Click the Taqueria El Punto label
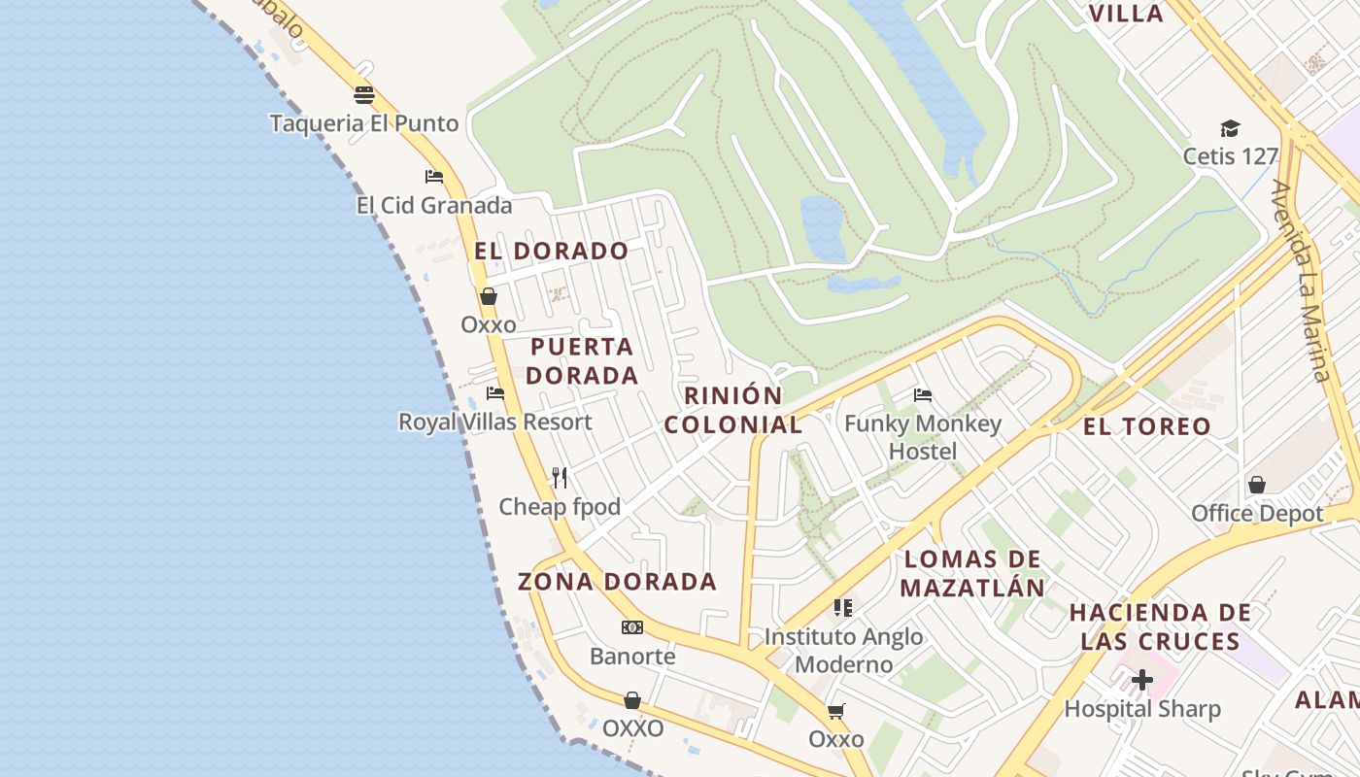click(364, 123)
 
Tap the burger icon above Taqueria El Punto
click(364, 95)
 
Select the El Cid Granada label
click(434, 205)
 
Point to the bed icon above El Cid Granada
click(434, 177)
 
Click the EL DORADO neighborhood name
click(552, 251)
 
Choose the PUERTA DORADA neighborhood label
click(583, 360)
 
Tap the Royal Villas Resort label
click(495, 422)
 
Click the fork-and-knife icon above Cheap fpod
click(560, 477)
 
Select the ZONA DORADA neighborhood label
click(617, 582)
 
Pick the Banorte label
click(632, 656)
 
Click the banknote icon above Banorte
click(632, 627)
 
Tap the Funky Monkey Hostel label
click(923, 437)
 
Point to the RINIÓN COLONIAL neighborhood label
click(733, 410)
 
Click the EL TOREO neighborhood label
click(1147, 425)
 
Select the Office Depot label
click(1257, 513)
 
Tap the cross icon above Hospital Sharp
click(1142, 680)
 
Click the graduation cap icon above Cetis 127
click(1231, 128)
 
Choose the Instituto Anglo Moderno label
click(843, 651)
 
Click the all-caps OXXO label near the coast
click(633, 727)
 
